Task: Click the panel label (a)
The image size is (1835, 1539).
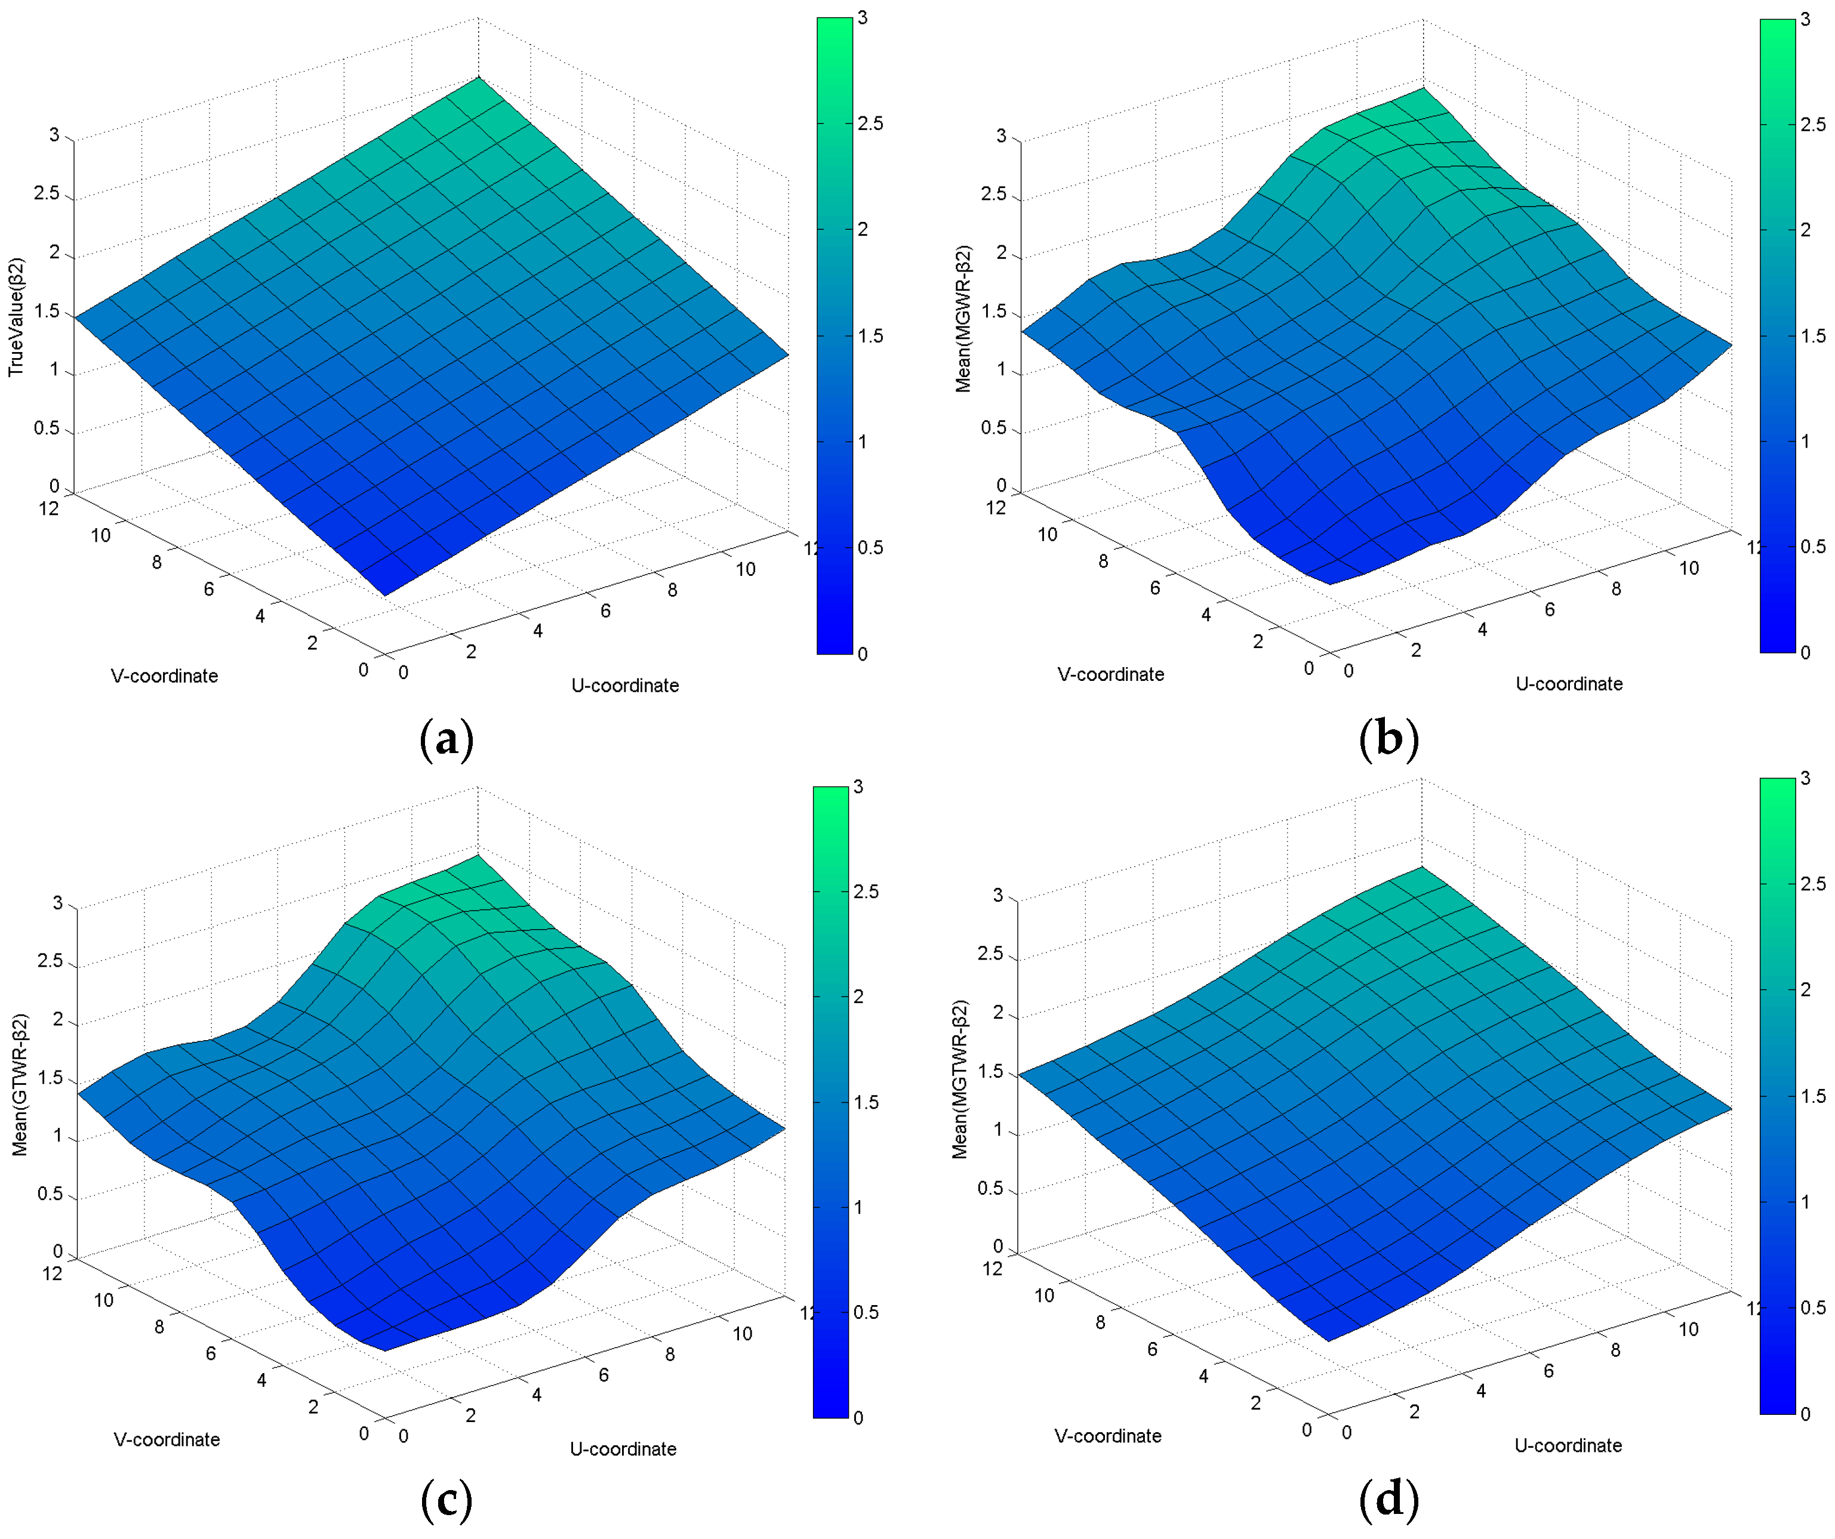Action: pos(447,739)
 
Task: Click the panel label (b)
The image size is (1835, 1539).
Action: pos(1388,738)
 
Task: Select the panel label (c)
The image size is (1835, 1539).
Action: pos(447,1501)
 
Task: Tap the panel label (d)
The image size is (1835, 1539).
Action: pos(1388,1500)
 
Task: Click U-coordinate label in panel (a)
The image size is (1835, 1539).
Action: pos(625,686)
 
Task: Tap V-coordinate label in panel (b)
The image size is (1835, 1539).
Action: pos(1111,674)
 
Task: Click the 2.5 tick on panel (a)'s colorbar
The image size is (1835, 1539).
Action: pos(870,123)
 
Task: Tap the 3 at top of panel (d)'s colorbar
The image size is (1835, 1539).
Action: pos(1805,778)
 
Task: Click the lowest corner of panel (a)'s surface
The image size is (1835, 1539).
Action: pos(384,596)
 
